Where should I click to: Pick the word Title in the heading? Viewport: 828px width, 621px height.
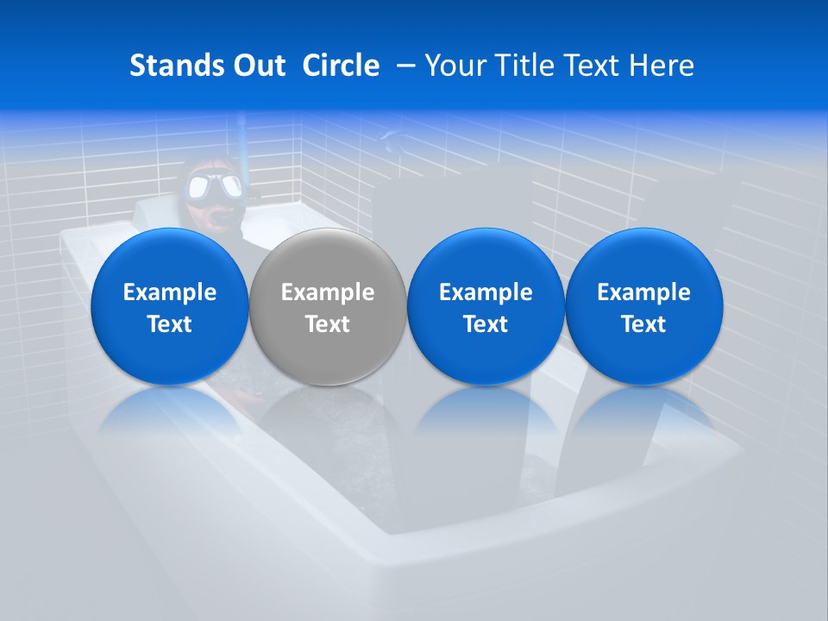tap(518, 66)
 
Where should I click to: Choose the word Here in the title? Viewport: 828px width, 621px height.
tap(662, 66)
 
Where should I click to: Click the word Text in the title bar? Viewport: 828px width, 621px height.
tap(589, 66)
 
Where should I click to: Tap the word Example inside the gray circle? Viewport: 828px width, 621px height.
tap(328, 292)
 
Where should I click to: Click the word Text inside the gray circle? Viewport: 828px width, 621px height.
tap(328, 324)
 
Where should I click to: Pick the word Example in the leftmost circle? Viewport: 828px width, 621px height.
tap(170, 292)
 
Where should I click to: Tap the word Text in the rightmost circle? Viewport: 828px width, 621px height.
tap(643, 324)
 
